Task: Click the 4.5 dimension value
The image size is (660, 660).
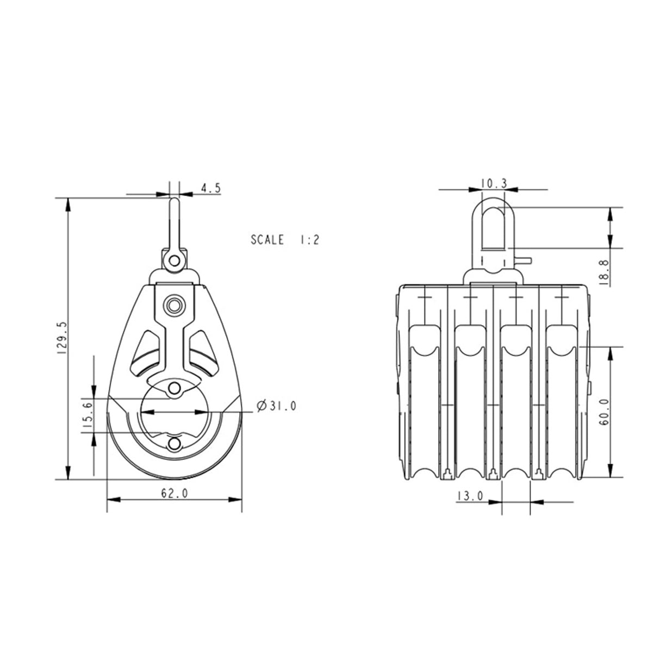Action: [210, 188]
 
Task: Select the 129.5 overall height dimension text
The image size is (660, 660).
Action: [61, 338]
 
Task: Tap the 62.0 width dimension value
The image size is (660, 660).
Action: [174, 493]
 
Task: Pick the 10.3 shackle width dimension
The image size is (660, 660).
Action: [494, 184]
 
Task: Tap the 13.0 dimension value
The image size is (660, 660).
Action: [470, 496]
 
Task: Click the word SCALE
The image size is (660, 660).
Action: [267, 239]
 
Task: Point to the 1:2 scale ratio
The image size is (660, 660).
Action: [308, 239]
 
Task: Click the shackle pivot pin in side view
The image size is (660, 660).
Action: [174, 261]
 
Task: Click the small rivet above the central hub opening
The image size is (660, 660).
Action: [175, 388]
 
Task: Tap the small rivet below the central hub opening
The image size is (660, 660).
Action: [175, 444]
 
